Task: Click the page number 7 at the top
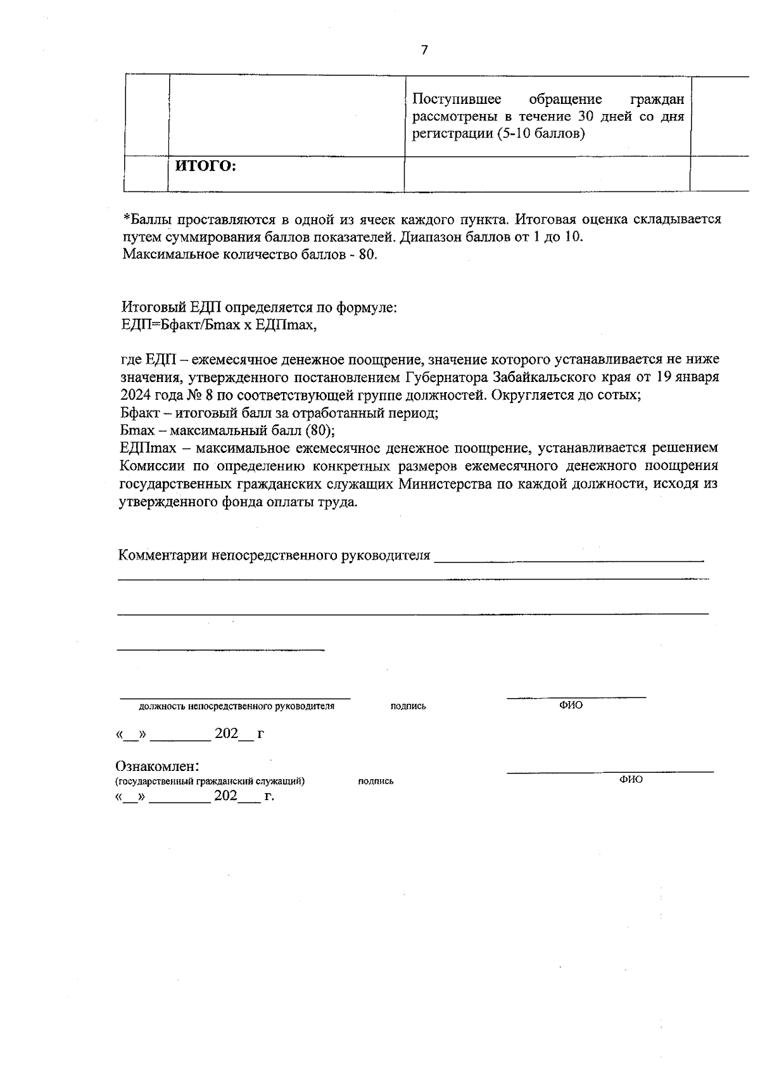[424, 50]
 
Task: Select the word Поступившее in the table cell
[456, 99]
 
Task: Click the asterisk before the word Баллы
[126, 219]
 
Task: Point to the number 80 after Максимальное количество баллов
[367, 255]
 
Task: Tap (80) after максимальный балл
[320, 431]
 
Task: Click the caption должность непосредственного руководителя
[236, 706]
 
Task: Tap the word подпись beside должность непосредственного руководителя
[408, 706]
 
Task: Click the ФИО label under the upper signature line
[571, 705]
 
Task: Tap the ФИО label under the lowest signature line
[631, 780]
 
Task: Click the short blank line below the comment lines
[222, 649]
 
